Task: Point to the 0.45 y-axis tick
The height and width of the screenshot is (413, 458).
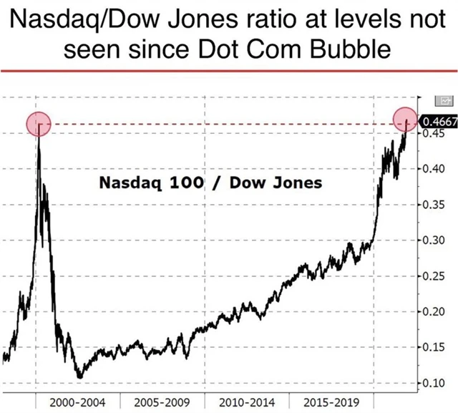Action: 433,132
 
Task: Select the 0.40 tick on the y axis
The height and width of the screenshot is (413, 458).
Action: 433,169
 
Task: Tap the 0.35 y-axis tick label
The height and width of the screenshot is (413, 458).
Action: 433,205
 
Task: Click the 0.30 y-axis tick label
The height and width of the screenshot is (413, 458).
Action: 433,240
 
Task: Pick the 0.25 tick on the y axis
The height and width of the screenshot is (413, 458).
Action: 433,276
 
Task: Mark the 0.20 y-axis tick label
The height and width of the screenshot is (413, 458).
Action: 433,311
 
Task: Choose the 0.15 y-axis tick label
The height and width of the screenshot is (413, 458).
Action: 433,347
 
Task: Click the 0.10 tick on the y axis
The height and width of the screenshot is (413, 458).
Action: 433,383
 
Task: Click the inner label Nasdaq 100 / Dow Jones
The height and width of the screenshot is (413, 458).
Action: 210,183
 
